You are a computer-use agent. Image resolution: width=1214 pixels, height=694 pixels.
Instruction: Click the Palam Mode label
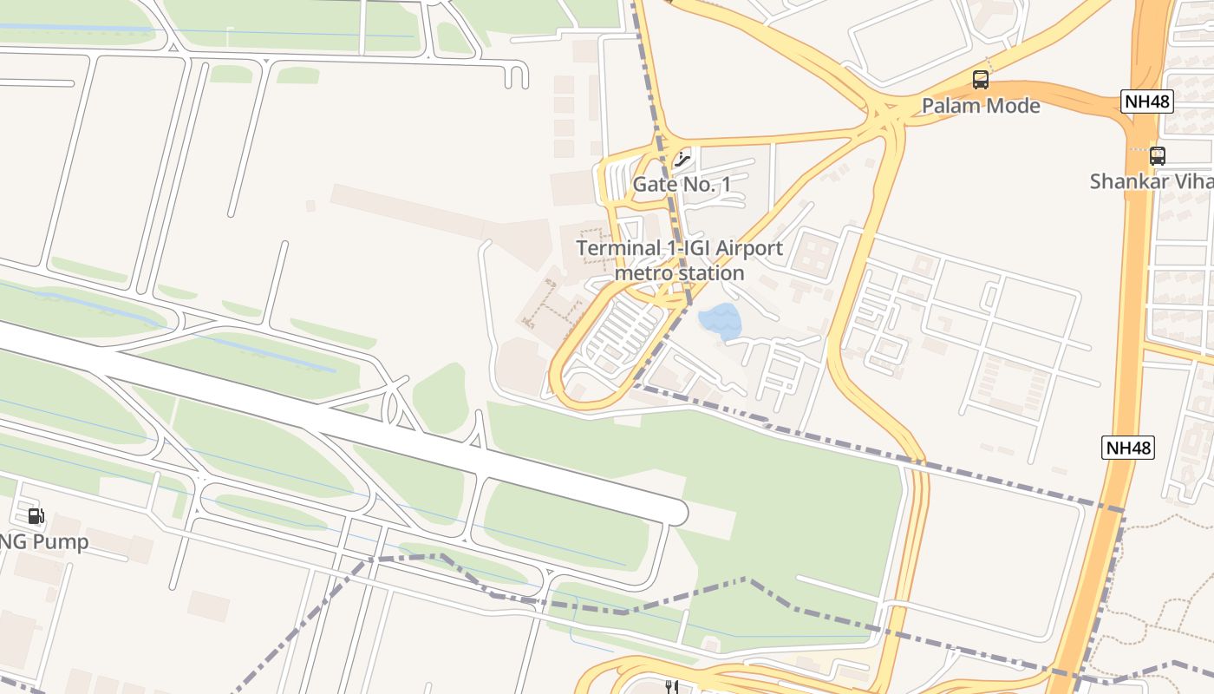pos(980,106)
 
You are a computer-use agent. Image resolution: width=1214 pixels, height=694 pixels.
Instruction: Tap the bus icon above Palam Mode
pos(981,80)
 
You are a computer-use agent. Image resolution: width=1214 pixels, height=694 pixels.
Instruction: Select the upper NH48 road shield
pos(1147,101)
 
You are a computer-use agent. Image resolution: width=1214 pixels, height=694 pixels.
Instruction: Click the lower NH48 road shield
pos(1128,448)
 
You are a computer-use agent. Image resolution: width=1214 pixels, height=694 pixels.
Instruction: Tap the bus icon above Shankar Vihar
pos(1157,156)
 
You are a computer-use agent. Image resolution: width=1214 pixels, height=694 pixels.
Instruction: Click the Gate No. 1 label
pos(682,184)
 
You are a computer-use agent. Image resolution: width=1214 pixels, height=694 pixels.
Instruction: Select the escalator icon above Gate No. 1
pos(682,159)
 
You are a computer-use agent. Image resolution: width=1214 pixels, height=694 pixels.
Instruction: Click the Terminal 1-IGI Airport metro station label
pos(679,260)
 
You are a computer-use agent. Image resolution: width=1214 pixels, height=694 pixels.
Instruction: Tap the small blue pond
pos(720,321)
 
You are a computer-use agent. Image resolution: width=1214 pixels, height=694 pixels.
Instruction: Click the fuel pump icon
pos(36,516)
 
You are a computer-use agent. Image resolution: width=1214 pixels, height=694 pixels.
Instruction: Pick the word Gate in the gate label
pos(653,184)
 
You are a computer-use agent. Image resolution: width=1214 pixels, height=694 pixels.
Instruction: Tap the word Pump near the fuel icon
pos(61,542)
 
